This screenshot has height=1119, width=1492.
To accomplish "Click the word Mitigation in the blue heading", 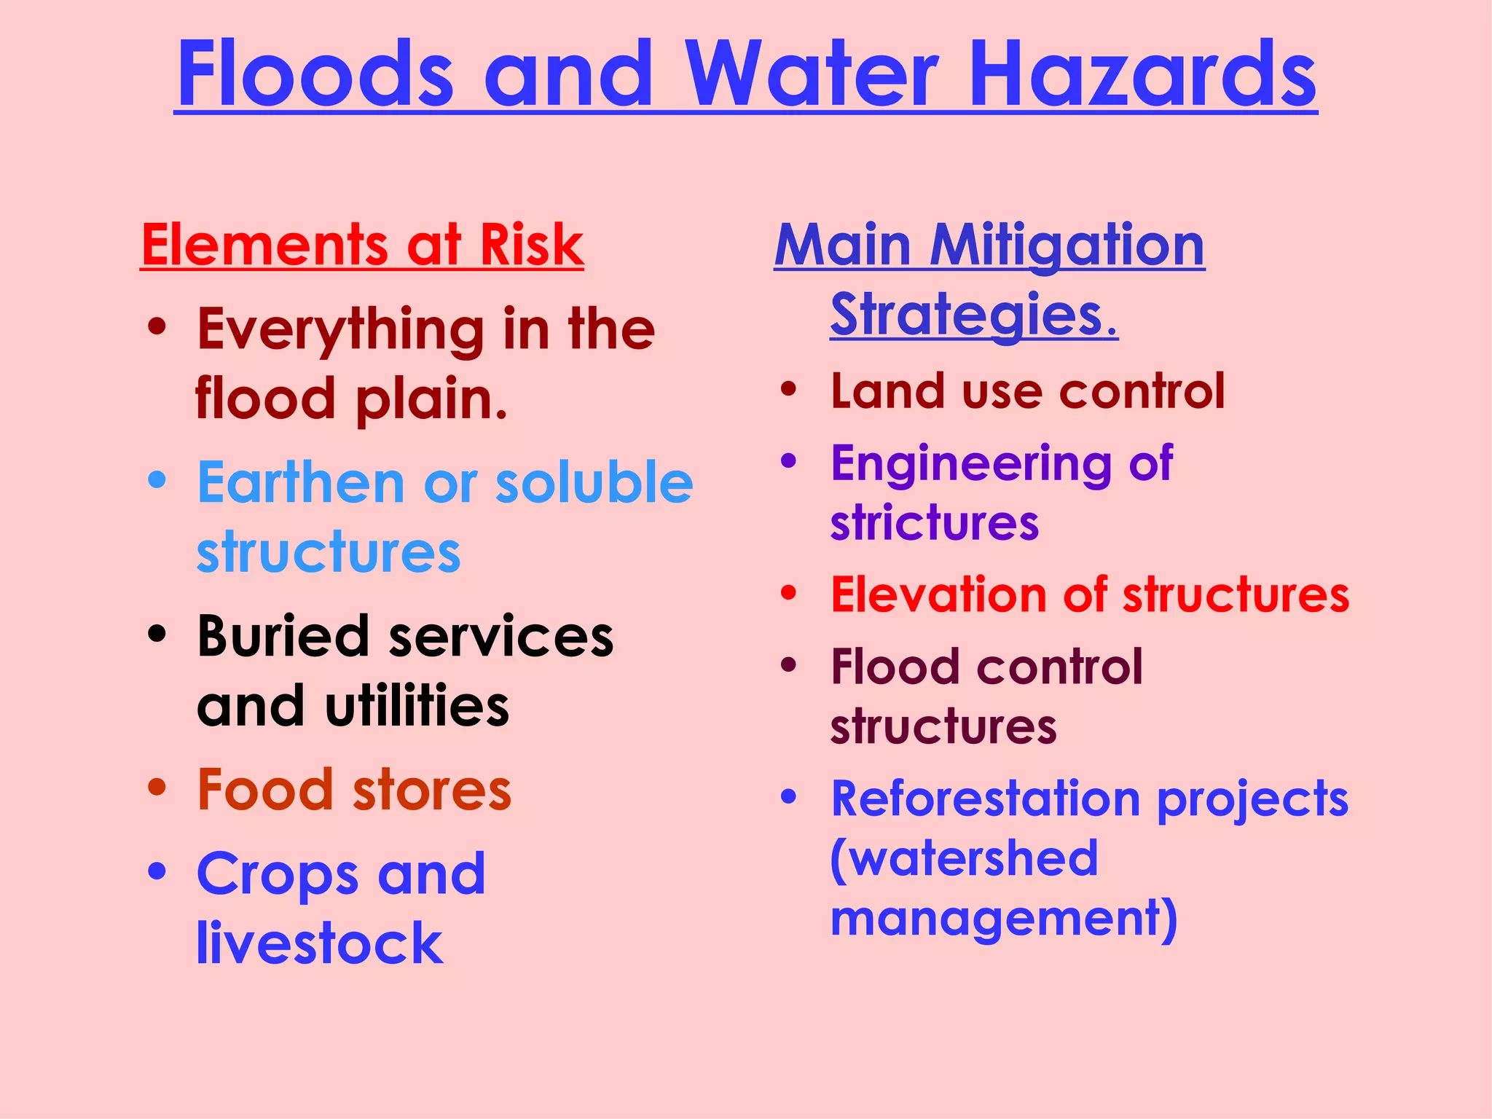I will pos(1067,246).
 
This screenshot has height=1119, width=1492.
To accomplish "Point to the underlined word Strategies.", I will pos(973,315).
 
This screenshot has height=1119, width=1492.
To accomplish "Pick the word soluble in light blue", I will pos(594,482).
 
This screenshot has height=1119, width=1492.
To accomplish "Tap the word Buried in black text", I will pos(283,636).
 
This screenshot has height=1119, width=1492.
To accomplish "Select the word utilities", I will pos(417,706).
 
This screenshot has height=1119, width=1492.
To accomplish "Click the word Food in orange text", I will pos(265,790).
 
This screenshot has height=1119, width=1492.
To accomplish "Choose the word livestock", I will pos(320,943).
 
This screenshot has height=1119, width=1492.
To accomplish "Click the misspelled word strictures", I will pos(934,522).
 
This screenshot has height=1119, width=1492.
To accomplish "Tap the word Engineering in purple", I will pos(970,464).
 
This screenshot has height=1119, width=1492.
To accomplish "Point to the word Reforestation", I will pos(986,799).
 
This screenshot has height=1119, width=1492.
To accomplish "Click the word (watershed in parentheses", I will pos(963,858).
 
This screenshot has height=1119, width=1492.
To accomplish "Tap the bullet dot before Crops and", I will pos(157,871).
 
